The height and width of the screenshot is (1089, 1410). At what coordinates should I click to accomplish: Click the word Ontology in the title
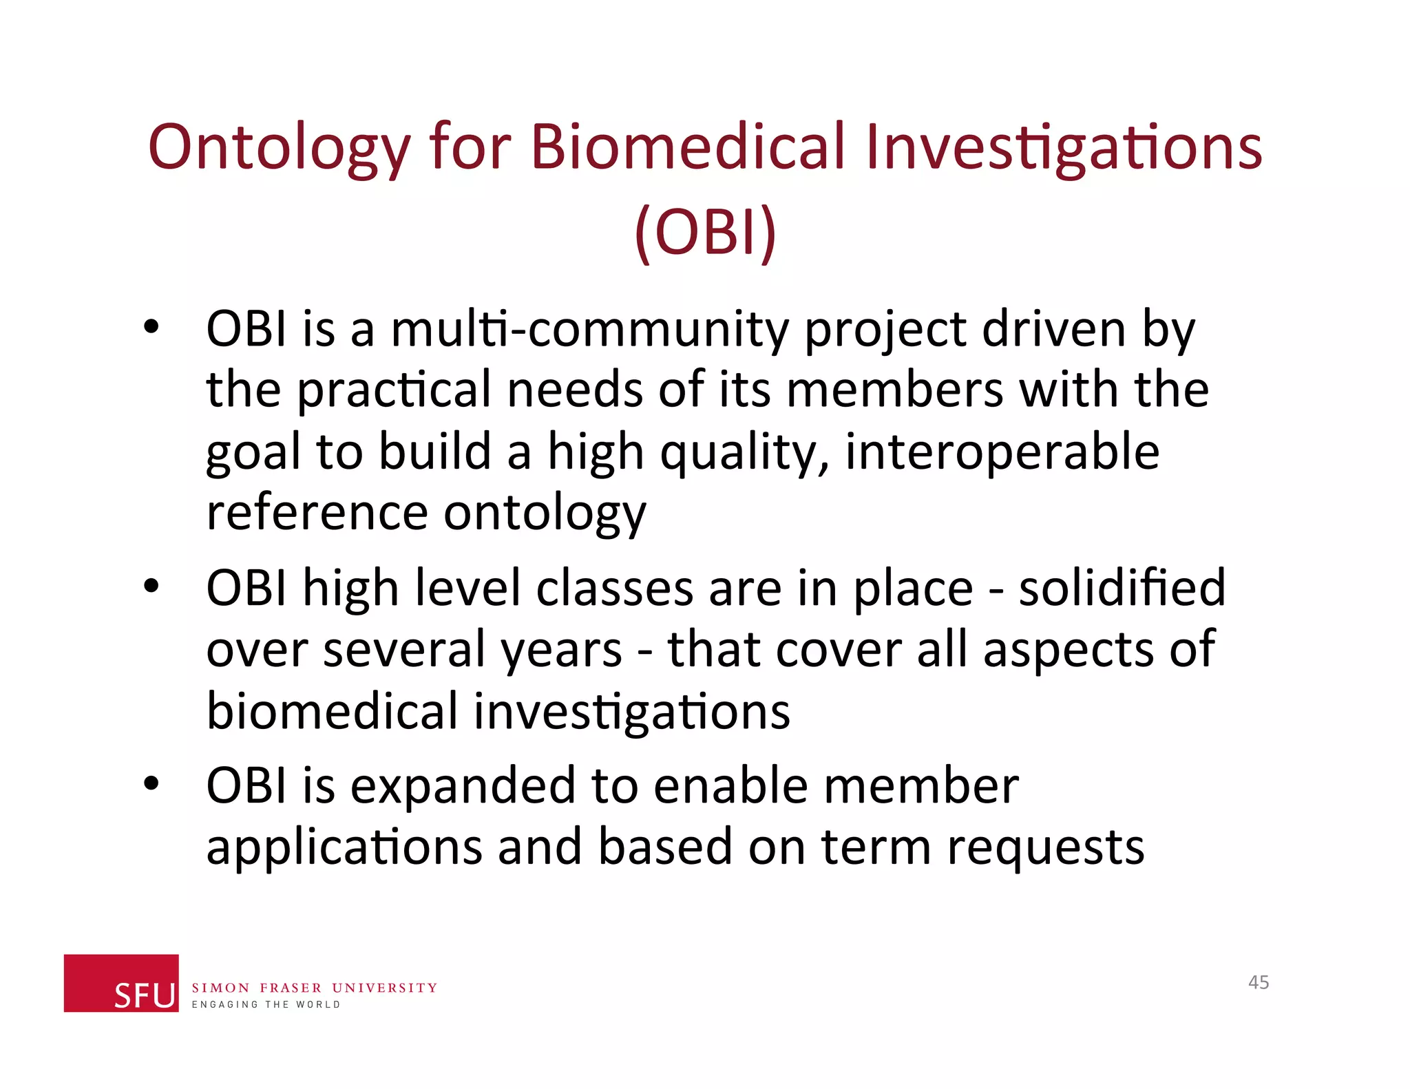click(x=279, y=148)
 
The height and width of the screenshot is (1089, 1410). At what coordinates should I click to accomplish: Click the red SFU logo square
click(x=121, y=982)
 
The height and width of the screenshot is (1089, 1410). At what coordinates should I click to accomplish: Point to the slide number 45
click(x=1259, y=982)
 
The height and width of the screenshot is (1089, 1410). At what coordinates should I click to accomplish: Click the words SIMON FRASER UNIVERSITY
click(x=314, y=988)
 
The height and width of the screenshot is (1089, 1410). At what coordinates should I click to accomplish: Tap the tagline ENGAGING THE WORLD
click(x=266, y=1005)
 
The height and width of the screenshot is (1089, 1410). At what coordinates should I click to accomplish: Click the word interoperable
click(x=1002, y=452)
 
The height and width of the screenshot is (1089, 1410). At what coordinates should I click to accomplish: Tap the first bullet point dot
click(x=151, y=326)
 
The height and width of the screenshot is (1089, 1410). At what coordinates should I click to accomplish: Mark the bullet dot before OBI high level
click(x=151, y=586)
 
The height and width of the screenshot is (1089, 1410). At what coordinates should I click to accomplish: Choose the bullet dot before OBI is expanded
click(x=151, y=783)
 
